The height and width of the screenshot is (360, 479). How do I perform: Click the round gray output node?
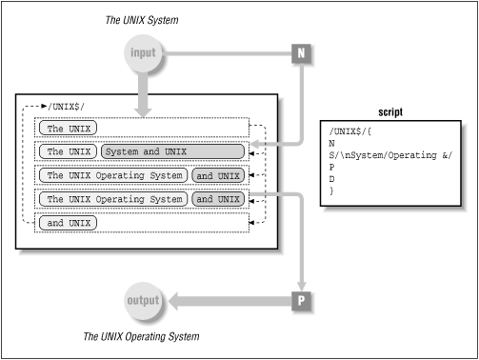141,301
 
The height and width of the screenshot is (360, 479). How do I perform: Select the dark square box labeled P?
301,301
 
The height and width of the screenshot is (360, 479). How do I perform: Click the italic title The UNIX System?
142,19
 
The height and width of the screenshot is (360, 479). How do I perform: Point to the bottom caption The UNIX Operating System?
142,336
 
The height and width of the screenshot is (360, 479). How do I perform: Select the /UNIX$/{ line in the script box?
349,129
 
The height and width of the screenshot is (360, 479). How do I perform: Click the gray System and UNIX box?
146,150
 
